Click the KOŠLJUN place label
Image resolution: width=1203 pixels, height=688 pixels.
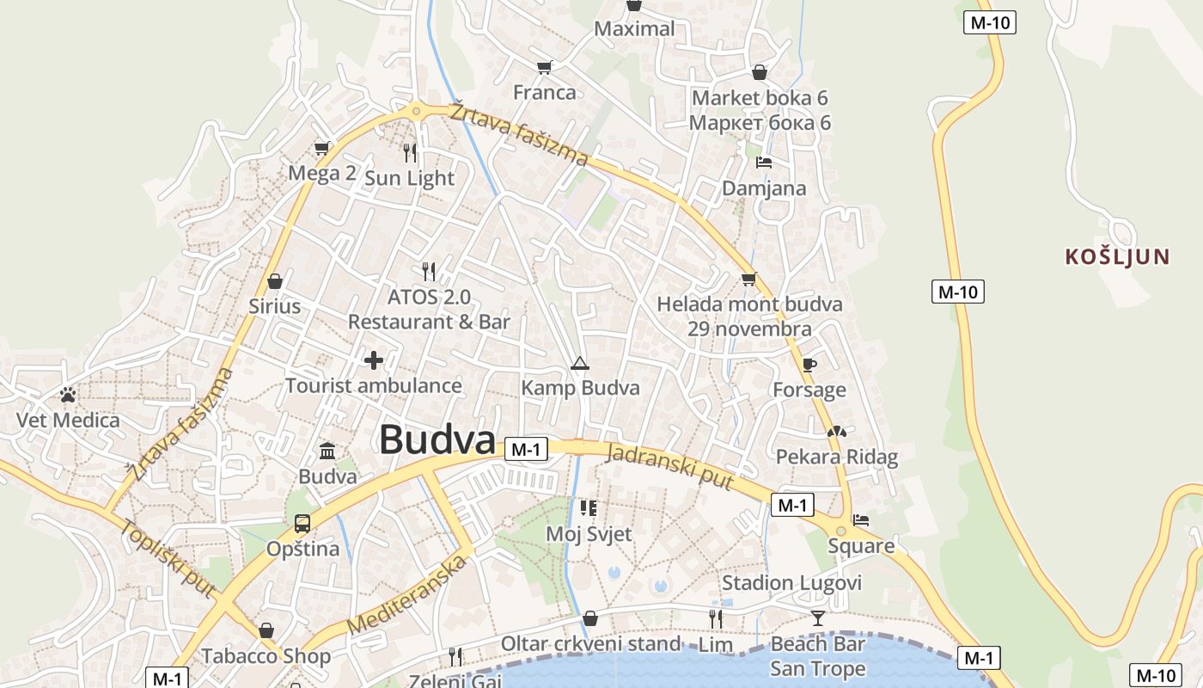click(x=1117, y=256)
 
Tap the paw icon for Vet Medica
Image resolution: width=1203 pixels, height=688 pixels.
click(x=68, y=395)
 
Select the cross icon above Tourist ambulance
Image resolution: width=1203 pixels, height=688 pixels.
click(x=374, y=359)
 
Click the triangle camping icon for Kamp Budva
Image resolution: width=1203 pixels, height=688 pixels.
click(x=580, y=363)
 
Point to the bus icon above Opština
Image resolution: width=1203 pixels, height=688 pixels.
click(x=302, y=523)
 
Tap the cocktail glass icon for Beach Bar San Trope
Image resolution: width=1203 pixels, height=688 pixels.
click(x=817, y=617)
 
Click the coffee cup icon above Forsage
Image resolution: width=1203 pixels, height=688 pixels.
click(x=809, y=365)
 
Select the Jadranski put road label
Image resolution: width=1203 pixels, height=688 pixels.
click(x=670, y=467)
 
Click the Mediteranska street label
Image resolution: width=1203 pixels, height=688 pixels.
click(x=409, y=595)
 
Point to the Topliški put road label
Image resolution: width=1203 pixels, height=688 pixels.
click(x=168, y=559)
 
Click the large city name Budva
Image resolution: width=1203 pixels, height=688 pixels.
click(x=437, y=439)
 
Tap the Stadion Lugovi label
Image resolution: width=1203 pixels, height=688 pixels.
click(x=791, y=583)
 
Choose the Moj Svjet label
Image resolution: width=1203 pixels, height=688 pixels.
click(x=589, y=534)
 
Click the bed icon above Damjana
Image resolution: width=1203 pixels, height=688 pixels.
click(x=763, y=162)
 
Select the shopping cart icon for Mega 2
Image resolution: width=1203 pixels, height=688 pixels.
click(x=321, y=148)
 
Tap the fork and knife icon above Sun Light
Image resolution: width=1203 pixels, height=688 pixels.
click(x=410, y=152)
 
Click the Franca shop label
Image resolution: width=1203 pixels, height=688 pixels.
click(x=544, y=92)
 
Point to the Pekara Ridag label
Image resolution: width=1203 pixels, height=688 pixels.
click(x=836, y=457)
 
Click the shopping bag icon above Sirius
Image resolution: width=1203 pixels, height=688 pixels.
click(x=275, y=281)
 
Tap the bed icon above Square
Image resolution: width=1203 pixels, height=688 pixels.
click(x=861, y=520)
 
